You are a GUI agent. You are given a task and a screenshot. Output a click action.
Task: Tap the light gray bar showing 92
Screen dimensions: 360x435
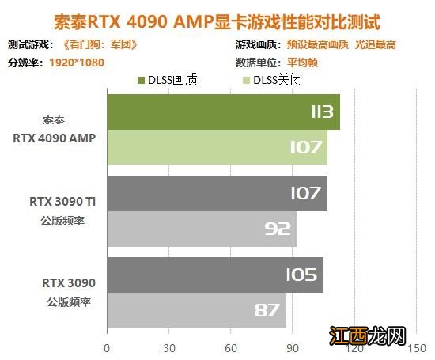pyautogui.click(x=201, y=228)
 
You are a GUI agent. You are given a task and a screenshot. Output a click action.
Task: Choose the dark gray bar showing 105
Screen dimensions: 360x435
pyautogui.click(x=214, y=275)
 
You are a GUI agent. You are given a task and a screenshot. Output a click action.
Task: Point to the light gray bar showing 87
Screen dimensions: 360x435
pyautogui.click(x=196, y=309)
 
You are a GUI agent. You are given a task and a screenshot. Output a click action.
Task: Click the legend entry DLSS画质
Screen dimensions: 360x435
pyautogui.click(x=171, y=80)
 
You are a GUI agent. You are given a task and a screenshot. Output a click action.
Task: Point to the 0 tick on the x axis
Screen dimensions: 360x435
pyautogui.click(x=107, y=347)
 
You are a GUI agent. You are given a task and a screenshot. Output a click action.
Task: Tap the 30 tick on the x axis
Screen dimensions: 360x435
pyautogui.click(x=168, y=347)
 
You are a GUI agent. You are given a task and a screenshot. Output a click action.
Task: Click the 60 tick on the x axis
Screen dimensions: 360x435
pyautogui.click(x=230, y=347)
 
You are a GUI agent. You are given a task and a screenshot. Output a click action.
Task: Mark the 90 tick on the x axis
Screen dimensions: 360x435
pyautogui.click(x=292, y=347)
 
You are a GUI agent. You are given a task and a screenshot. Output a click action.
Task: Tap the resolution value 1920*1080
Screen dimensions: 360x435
pyautogui.click(x=77, y=62)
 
